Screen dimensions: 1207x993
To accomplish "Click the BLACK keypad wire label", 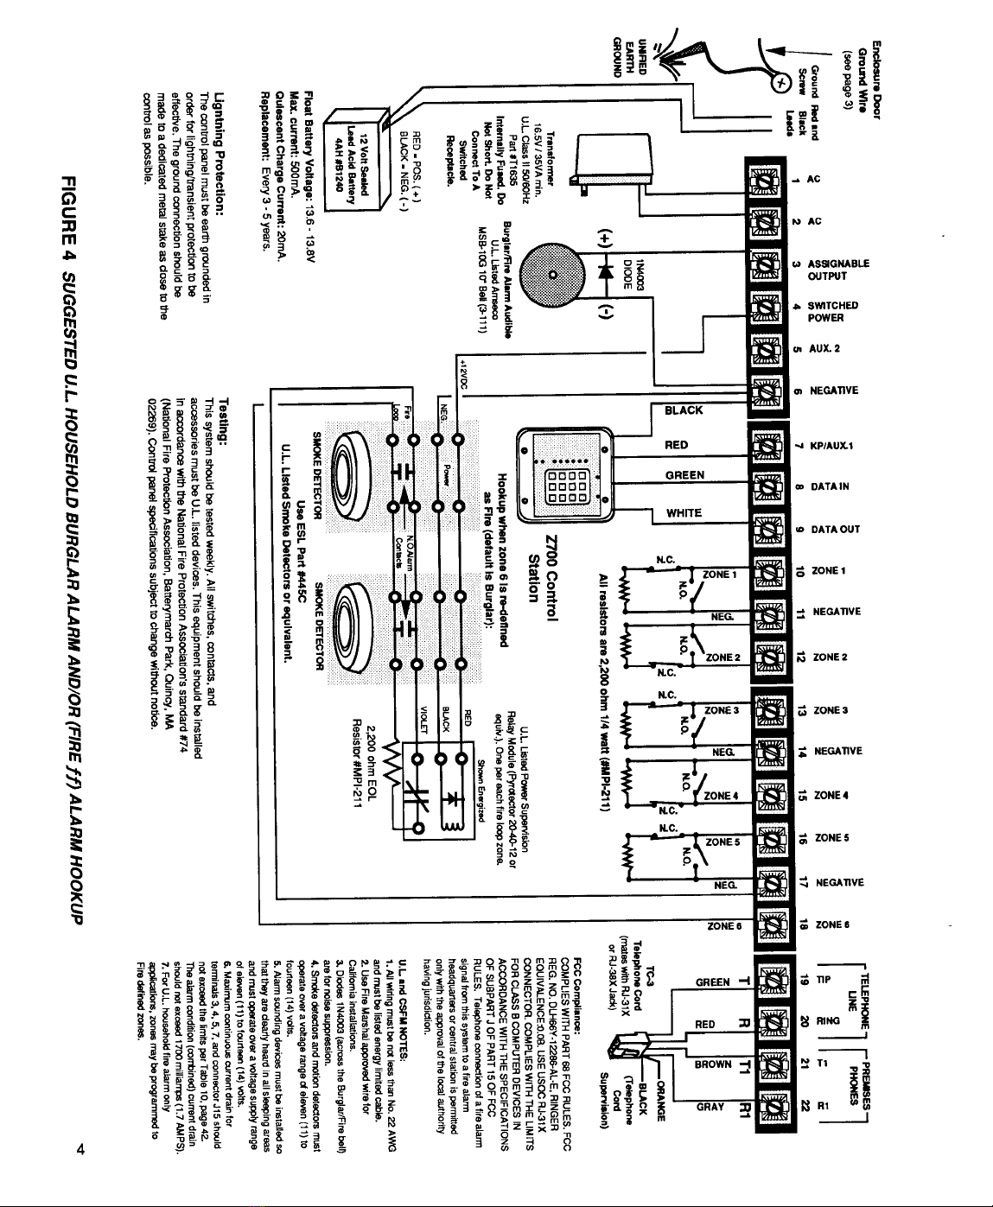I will coord(684,410).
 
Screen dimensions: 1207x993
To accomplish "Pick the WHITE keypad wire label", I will coord(684,513).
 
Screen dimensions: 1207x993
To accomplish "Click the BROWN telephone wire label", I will coord(715,1065).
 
